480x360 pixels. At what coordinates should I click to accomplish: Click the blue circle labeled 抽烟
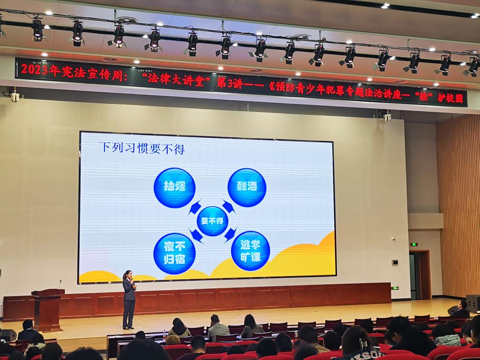coord(174,187)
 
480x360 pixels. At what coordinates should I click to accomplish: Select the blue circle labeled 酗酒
coord(247,187)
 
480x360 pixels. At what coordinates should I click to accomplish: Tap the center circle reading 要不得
coord(212,221)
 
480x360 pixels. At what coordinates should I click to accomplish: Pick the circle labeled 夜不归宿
coord(174,254)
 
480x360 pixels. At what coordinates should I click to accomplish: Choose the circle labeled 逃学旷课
coord(250,251)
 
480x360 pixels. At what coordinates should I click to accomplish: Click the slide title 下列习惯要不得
coord(142,148)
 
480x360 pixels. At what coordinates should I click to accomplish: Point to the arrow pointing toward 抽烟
coord(195,207)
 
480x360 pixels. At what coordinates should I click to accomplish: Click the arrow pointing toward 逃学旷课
coord(231,234)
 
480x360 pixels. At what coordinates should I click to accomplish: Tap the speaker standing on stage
coord(129,300)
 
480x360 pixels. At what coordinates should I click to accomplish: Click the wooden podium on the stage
coord(48,309)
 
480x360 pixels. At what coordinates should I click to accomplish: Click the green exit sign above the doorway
coord(414,244)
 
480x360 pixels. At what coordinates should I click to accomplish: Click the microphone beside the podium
coord(60,284)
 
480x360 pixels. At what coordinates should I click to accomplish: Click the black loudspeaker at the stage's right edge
coord(473,303)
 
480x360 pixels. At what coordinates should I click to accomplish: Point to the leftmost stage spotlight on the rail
coord(38,30)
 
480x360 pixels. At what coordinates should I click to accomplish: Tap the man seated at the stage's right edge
coord(461,309)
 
